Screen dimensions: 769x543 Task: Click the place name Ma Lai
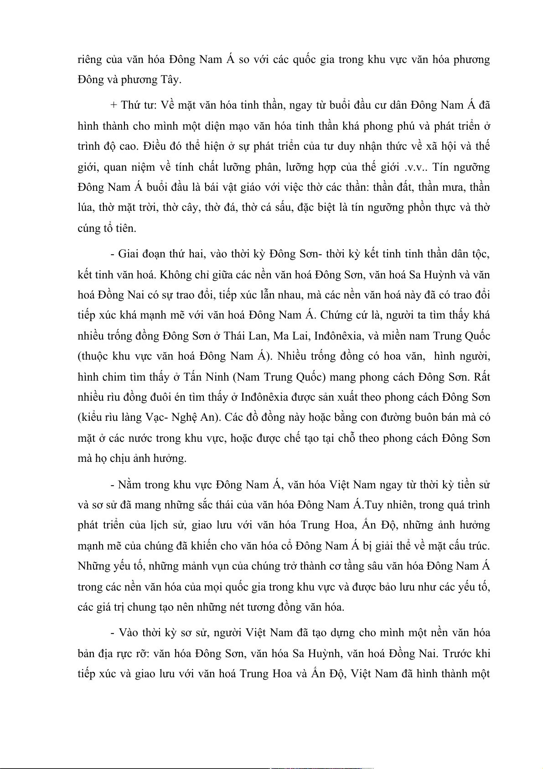coord(292,336)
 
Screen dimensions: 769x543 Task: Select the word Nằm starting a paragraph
coord(129,485)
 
